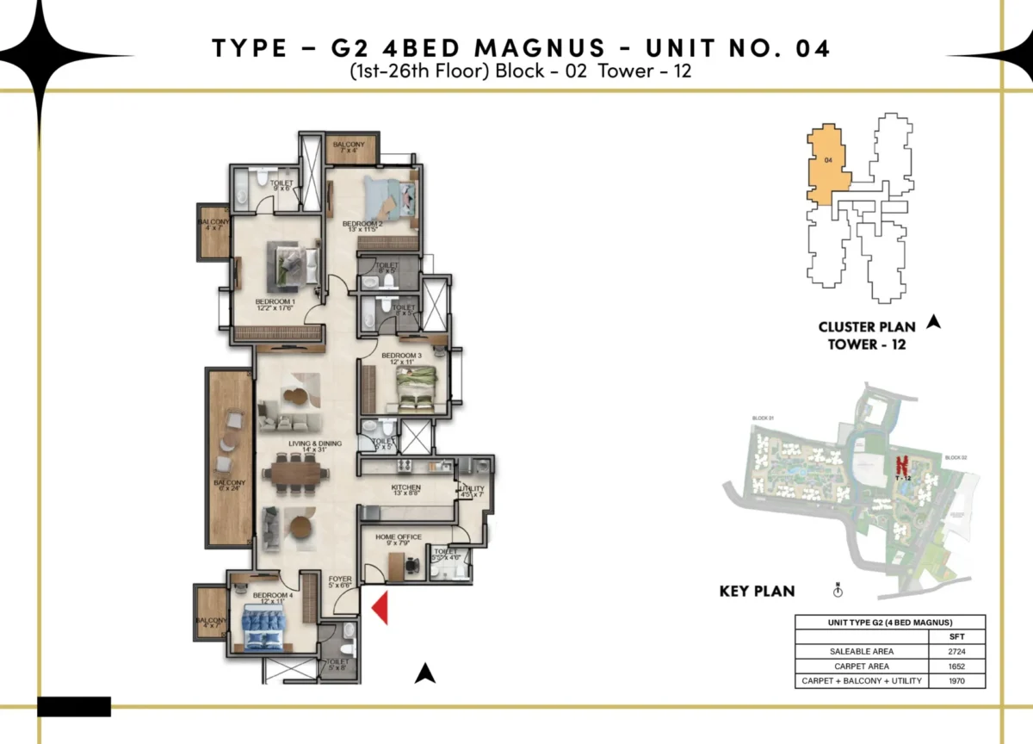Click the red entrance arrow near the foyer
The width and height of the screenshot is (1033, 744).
(x=381, y=608)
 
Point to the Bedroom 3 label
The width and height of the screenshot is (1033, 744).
(x=401, y=358)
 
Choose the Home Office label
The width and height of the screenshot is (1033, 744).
(x=399, y=540)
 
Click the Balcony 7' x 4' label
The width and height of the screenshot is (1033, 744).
(x=349, y=147)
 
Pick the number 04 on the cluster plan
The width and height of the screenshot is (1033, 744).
(x=827, y=160)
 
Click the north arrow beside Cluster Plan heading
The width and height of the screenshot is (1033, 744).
(x=932, y=323)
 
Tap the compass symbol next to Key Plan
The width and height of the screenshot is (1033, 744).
(x=838, y=591)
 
